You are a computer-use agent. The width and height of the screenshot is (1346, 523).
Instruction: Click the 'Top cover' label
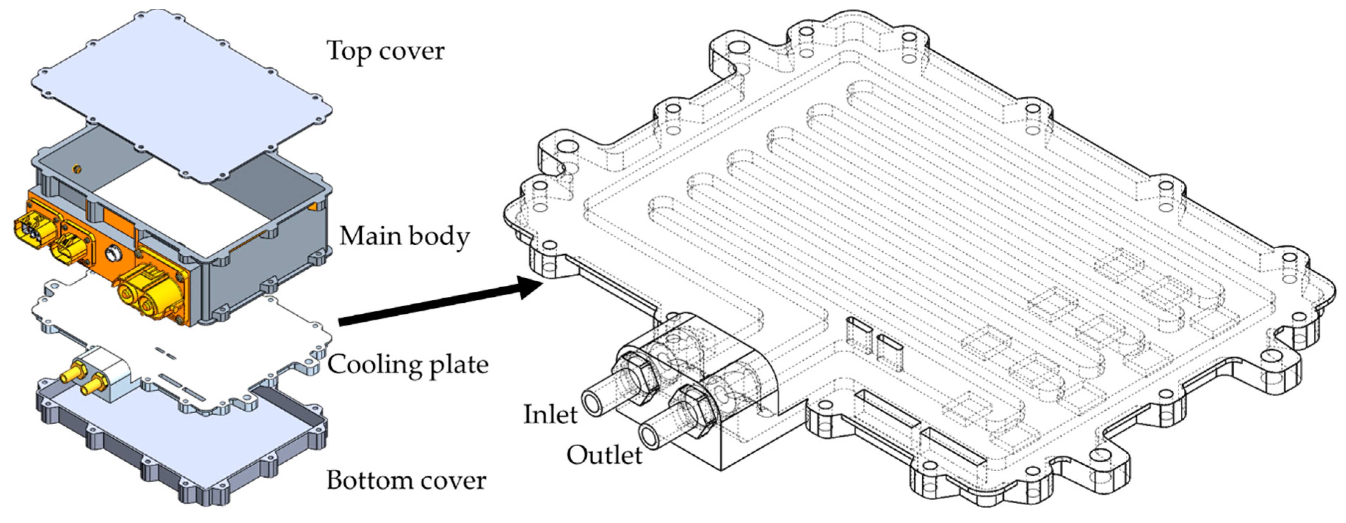coord(386,51)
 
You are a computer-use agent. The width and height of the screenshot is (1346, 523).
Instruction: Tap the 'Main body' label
coord(405,236)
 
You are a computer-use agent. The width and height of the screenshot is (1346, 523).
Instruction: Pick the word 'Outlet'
coord(605,455)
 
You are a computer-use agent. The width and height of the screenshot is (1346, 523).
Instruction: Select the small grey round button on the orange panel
coord(113,255)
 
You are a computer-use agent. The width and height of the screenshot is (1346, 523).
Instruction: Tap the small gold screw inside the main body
coord(76,168)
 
